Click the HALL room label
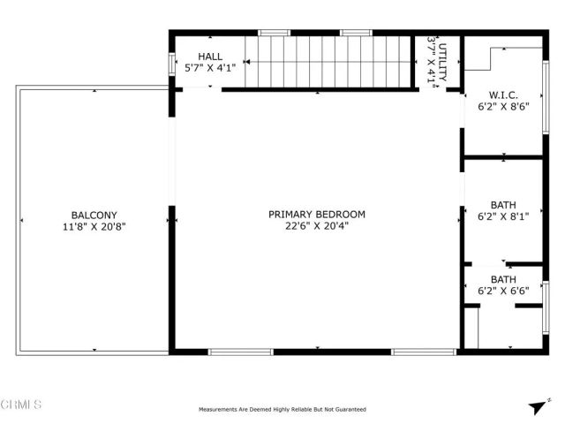(x=210, y=56)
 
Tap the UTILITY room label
(x=443, y=61)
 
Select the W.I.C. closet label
(x=502, y=95)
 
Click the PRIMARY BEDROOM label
(x=317, y=215)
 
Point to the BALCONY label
(x=94, y=215)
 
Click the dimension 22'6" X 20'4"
(x=317, y=226)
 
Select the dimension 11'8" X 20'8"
(x=94, y=226)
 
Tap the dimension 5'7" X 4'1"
(x=210, y=67)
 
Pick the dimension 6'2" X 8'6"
(x=502, y=107)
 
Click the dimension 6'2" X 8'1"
(x=502, y=216)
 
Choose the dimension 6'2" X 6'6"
(x=502, y=291)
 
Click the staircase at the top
(x=328, y=61)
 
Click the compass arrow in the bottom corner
(x=536, y=406)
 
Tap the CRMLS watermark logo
(x=21, y=405)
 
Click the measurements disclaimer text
(x=282, y=410)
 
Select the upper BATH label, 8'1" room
(x=502, y=204)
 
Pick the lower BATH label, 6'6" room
(x=502, y=279)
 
